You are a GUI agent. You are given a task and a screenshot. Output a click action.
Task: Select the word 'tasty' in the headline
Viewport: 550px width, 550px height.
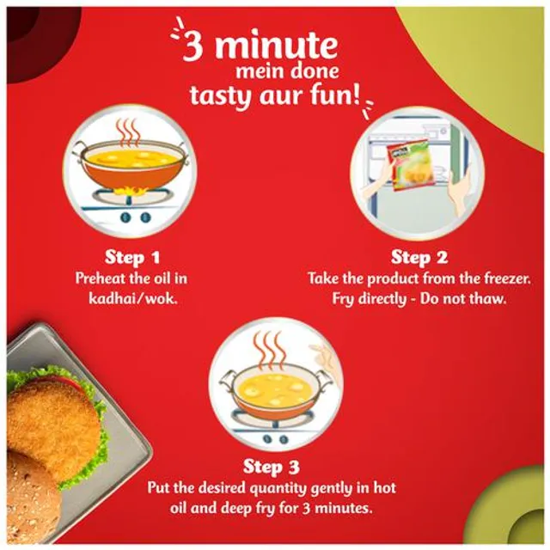(x=222, y=95)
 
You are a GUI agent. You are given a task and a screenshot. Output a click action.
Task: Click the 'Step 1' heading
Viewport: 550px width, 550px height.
(x=132, y=257)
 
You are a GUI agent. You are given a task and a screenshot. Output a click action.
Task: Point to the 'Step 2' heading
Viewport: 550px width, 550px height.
(x=419, y=257)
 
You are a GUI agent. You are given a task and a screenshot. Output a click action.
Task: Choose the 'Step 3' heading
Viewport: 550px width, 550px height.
(x=272, y=467)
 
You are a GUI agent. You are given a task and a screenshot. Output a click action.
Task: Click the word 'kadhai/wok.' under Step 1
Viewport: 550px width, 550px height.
(x=131, y=299)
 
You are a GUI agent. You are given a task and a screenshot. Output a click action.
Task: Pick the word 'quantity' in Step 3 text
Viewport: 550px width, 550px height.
(x=277, y=488)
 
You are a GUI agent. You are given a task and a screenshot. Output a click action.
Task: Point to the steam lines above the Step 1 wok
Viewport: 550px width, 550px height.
(x=128, y=134)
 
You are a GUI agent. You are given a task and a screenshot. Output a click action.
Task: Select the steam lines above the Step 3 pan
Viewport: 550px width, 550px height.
(x=269, y=351)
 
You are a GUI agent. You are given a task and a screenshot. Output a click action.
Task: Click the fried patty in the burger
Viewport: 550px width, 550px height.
(x=52, y=421)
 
